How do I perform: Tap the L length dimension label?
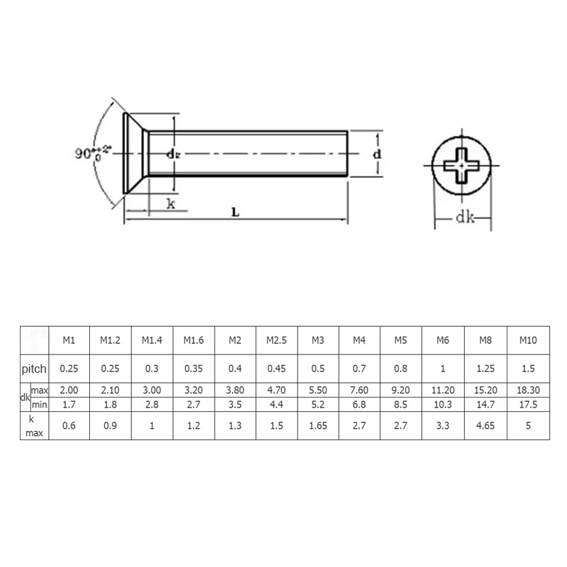coord(233,211)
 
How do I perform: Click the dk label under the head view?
coord(464,218)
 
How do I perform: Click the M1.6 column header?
coord(193,340)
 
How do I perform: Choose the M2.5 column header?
coord(276,340)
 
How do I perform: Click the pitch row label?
coord(33,369)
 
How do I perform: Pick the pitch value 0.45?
coord(276,369)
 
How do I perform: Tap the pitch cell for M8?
coord(485,369)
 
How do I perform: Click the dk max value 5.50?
coord(318,391)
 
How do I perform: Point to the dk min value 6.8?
coord(359,404)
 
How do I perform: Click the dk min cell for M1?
coord(69,404)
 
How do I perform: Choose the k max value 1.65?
coord(318,425)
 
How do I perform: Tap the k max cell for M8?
coord(485,425)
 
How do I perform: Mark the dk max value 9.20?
coord(401,391)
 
